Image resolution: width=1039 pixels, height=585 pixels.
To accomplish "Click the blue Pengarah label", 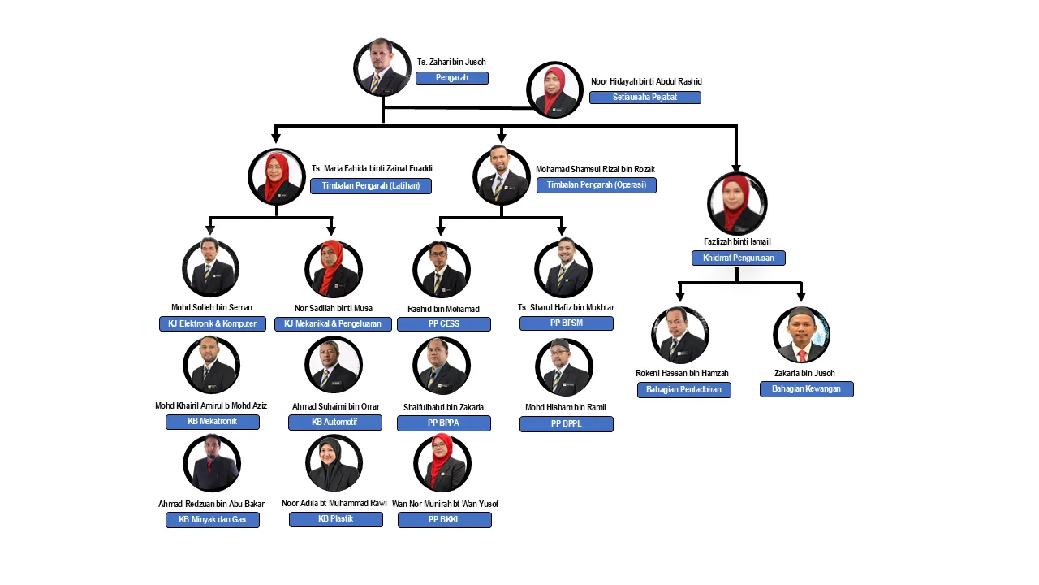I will point(452,78).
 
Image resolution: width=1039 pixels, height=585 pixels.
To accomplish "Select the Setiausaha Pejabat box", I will point(645,97).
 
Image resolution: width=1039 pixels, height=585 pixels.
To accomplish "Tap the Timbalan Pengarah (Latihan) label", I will point(371,186).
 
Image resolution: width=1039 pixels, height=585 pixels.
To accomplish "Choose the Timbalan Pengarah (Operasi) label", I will point(597,185).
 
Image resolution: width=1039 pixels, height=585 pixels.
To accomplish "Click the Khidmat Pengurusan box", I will point(738,258).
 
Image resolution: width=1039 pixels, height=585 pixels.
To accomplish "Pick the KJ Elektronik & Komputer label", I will point(212,323).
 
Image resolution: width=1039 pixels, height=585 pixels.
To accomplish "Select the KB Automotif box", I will point(335,422).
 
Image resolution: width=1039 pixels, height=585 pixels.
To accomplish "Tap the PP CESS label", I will point(444,324).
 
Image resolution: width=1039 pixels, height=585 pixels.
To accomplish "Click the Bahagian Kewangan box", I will point(806,389).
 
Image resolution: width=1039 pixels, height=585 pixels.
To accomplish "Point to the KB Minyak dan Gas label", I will point(213,520).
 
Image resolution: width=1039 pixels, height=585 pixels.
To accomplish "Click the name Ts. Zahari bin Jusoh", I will point(451,62).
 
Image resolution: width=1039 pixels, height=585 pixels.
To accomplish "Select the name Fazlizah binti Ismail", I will point(737,241).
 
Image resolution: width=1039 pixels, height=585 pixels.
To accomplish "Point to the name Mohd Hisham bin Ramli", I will point(566,407).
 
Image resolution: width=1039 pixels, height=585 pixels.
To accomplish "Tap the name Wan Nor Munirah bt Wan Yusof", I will point(445,504).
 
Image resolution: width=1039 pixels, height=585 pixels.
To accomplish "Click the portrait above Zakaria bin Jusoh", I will point(801,335).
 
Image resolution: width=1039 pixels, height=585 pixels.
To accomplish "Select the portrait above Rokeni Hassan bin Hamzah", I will point(680,335).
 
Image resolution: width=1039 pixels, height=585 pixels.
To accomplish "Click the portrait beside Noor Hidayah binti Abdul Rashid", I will point(555,90).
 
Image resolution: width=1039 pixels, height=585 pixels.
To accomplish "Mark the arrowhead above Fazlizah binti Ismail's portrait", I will point(736,168).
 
